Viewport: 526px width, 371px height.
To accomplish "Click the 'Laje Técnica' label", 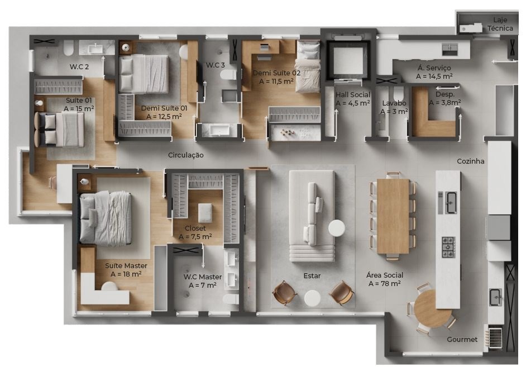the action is (x=500, y=24).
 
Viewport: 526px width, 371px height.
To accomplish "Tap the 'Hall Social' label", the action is (x=352, y=94).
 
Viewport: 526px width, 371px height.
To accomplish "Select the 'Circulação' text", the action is (x=185, y=155).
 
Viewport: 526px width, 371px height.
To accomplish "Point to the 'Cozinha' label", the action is (x=470, y=161).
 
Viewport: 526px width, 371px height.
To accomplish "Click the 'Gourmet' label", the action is (x=462, y=340).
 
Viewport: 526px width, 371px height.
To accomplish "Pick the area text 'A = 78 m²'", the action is (x=384, y=284).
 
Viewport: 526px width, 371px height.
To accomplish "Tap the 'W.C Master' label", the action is (x=202, y=277).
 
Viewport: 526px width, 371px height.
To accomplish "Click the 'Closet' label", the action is (x=195, y=229).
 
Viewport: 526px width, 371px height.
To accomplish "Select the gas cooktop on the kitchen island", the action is (x=448, y=247).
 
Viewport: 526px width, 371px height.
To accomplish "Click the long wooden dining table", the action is (x=393, y=216).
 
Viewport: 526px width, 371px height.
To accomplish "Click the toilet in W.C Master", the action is (x=231, y=299).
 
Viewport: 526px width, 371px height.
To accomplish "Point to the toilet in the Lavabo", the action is (x=399, y=93).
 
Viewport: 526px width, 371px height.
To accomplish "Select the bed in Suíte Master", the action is (x=105, y=217).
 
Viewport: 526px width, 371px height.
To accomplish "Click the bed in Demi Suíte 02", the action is (x=308, y=66).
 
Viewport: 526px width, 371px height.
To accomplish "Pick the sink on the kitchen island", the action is (x=451, y=203).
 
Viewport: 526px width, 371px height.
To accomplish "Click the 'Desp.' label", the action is (x=445, y=94).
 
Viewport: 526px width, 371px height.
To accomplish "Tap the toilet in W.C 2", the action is (x=69, y=48).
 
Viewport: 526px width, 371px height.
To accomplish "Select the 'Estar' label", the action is (x=312, y=275).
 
